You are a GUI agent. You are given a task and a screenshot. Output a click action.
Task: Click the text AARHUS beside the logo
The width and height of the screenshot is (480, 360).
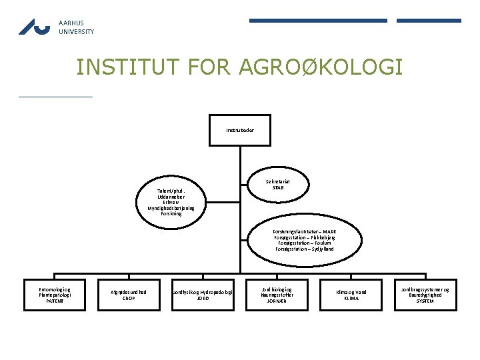click(71, 23)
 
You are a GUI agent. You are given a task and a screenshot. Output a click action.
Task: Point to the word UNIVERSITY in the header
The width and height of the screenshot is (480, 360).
click(76, 31)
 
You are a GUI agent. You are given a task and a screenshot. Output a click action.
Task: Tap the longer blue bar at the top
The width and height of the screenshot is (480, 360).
click(318, 21)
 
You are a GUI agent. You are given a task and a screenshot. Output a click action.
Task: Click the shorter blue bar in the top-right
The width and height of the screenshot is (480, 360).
click(429, 21)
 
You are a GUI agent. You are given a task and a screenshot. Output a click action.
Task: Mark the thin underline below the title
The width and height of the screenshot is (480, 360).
click(56, 97)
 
